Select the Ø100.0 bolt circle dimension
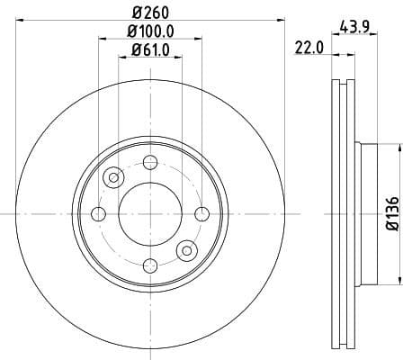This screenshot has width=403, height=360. tap(149, 31)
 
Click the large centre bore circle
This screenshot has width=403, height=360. tap(150, 213)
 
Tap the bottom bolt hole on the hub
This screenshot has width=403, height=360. tap(150, 265)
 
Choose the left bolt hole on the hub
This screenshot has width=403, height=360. tap(99, 213)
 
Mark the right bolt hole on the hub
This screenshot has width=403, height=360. tap(201, 213)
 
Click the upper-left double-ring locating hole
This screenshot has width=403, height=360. tap(113, 177)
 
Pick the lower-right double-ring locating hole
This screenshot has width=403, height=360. tap(187, 249)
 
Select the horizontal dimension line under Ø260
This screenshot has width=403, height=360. tap(150, 21)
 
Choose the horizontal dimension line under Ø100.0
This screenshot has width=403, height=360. tap(150, 40)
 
